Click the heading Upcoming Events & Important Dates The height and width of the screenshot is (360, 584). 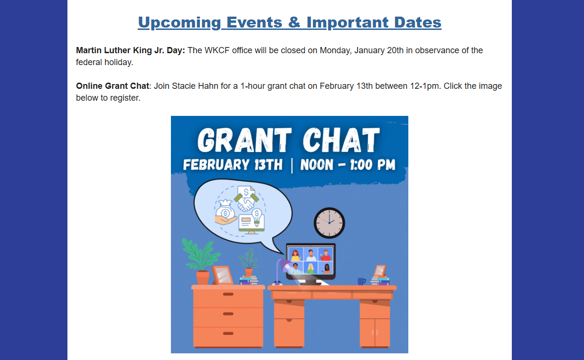click(x=290, y=22)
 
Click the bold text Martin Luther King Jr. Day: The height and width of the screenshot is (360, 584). click(x=131, y=50)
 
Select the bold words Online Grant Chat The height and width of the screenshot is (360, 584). click(x=113, y=86)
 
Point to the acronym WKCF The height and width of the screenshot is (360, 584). click(x=217, y=50)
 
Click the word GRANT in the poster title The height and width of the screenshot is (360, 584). click(x=245, y=140)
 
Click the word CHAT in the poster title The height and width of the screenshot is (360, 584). click(x=341, y=140)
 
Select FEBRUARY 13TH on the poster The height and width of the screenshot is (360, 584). click(x=233, y=165)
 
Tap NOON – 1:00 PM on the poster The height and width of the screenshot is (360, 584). click(x=348, y=165)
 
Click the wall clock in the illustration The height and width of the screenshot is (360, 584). click(x=330, y=223)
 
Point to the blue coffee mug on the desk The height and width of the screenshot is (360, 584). click(x=361, y=281)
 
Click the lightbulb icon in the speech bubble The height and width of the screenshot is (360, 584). click(x=256, y=217)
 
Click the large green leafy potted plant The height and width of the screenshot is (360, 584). click(x=200, y=261)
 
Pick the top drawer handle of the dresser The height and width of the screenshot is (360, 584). click(x=228, y=294)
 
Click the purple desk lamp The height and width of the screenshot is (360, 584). click(x=282, y=272)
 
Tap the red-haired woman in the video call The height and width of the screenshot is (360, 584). click(x=295, y=255)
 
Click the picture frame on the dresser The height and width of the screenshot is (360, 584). click(x=222, y=275)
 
